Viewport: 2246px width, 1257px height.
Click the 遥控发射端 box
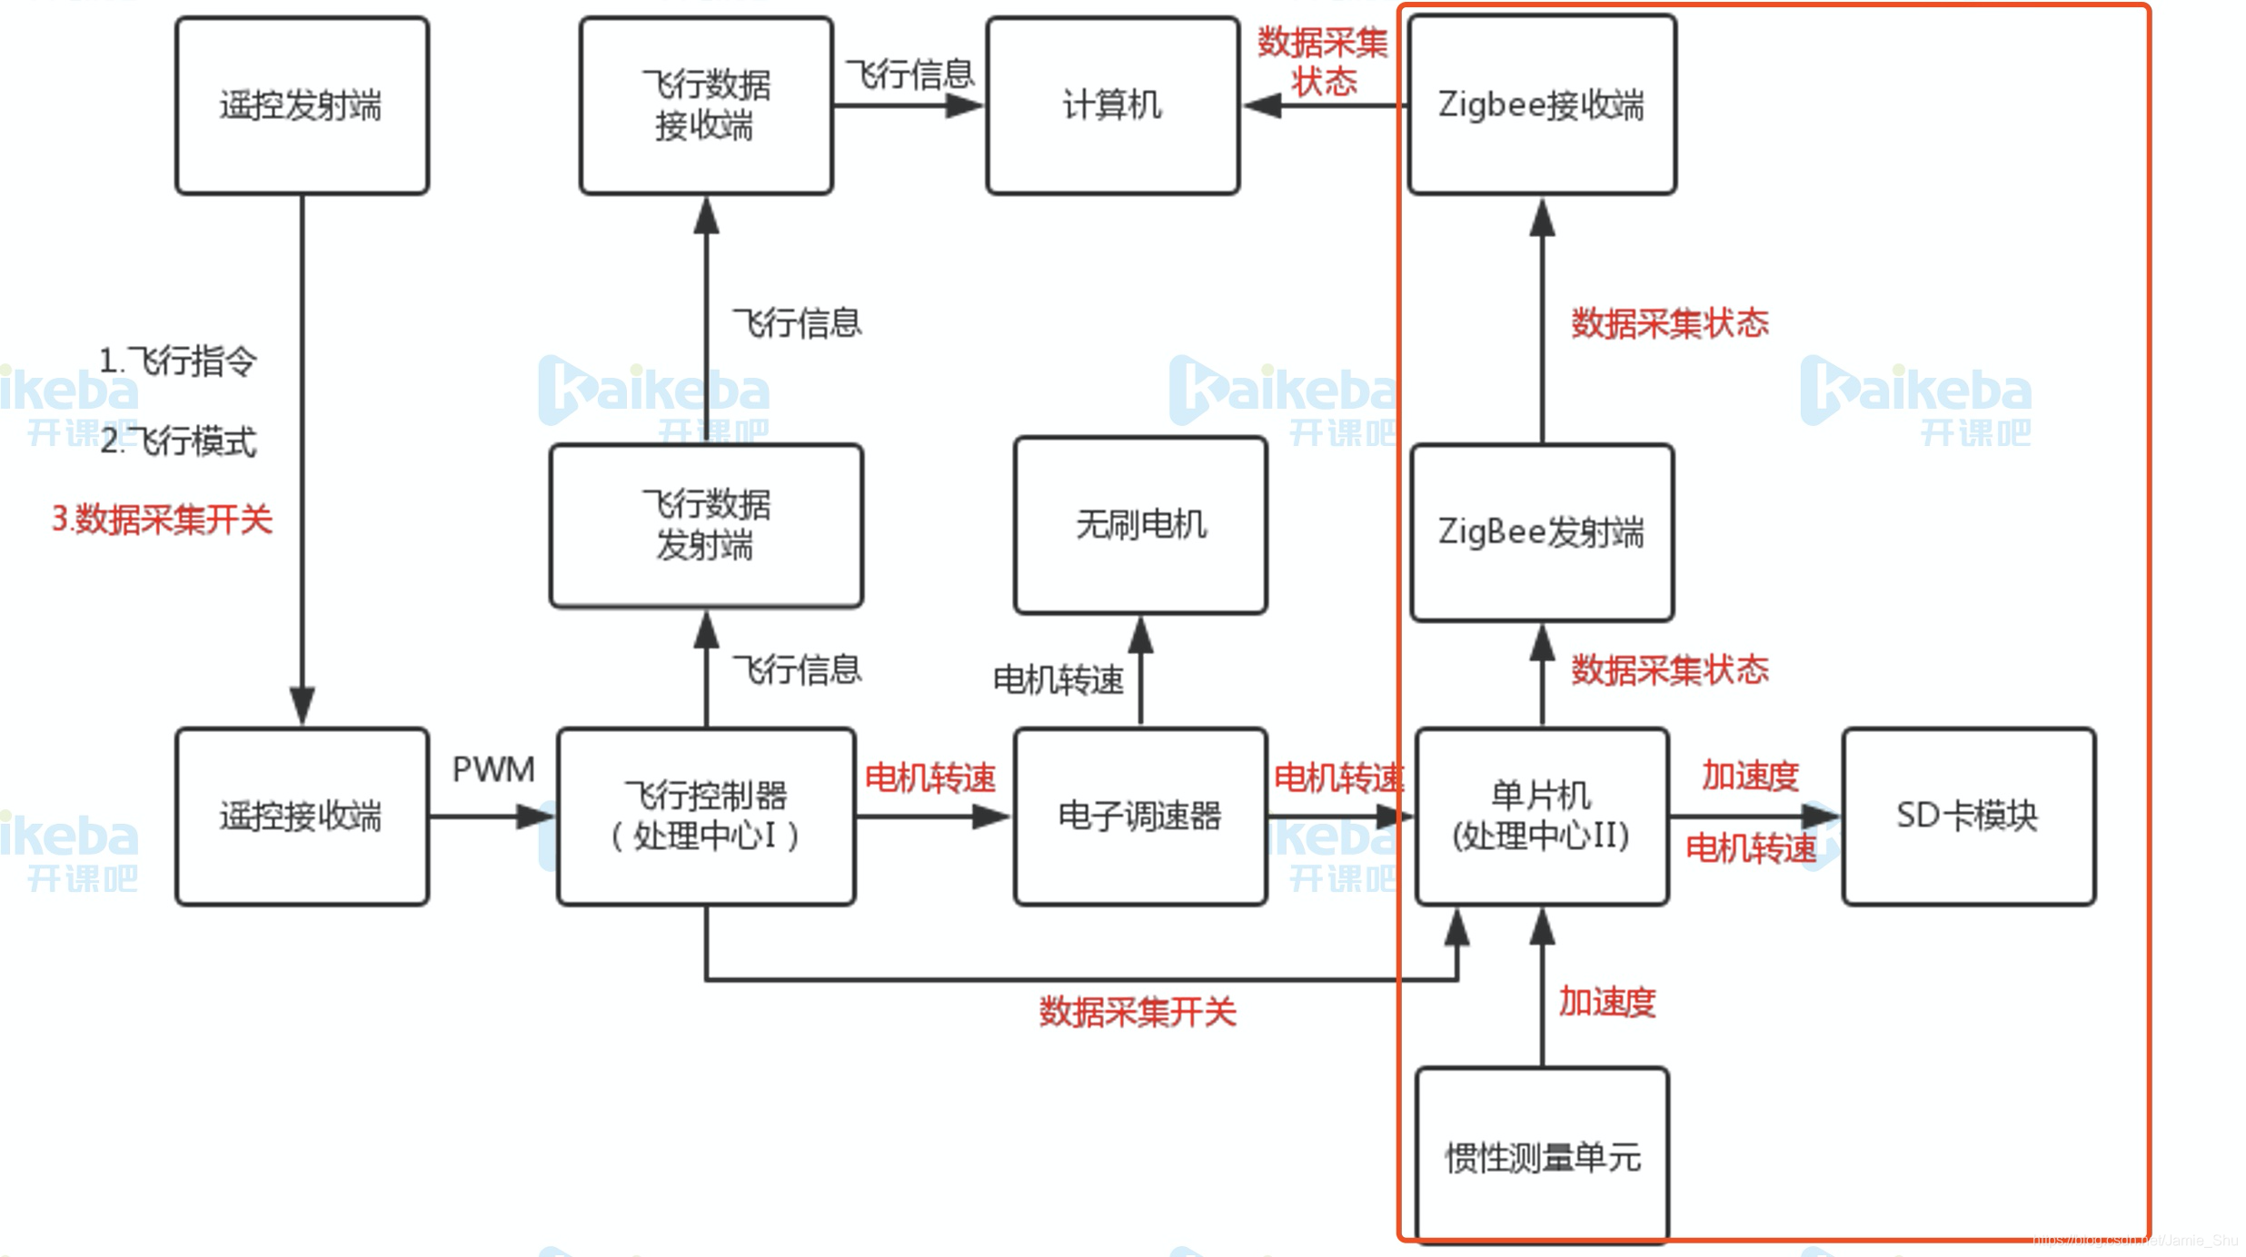[x=302, y=105]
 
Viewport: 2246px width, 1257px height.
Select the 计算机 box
[x=1112, y=105]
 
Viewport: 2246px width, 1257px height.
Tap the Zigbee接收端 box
[x=1541, y=105]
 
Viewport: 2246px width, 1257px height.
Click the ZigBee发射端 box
[x=1541, y=532]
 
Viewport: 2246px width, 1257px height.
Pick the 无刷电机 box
[x=1139, y=525]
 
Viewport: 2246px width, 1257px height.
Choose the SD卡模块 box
[x=1968, y=816]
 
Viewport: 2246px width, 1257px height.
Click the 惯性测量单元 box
[x=1541, y=1155]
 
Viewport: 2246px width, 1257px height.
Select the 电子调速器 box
[x=1139, y=816]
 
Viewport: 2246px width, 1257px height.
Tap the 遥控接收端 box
[x=302, y=816]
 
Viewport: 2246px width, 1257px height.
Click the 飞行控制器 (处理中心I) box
[x=706, y=816]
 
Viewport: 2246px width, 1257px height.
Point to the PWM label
[x=493, y=770]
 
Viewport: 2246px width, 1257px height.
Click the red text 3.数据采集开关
[x=162, y=520]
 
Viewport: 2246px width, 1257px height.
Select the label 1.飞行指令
[x=178, y=361]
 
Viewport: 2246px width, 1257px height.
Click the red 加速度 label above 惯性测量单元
[x=1606, y=1003]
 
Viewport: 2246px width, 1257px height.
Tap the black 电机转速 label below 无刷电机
[x=1058, y=679]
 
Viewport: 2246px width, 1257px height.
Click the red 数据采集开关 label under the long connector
[x=1138, y=1012]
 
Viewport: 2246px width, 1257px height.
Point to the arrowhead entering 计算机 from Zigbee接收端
[x=1263, y=106]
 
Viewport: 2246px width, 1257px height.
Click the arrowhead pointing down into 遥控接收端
[x=302, y=705]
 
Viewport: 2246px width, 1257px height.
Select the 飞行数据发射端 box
[x=706, y=525]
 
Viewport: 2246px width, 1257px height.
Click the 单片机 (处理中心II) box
[x=1541, y=816]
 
